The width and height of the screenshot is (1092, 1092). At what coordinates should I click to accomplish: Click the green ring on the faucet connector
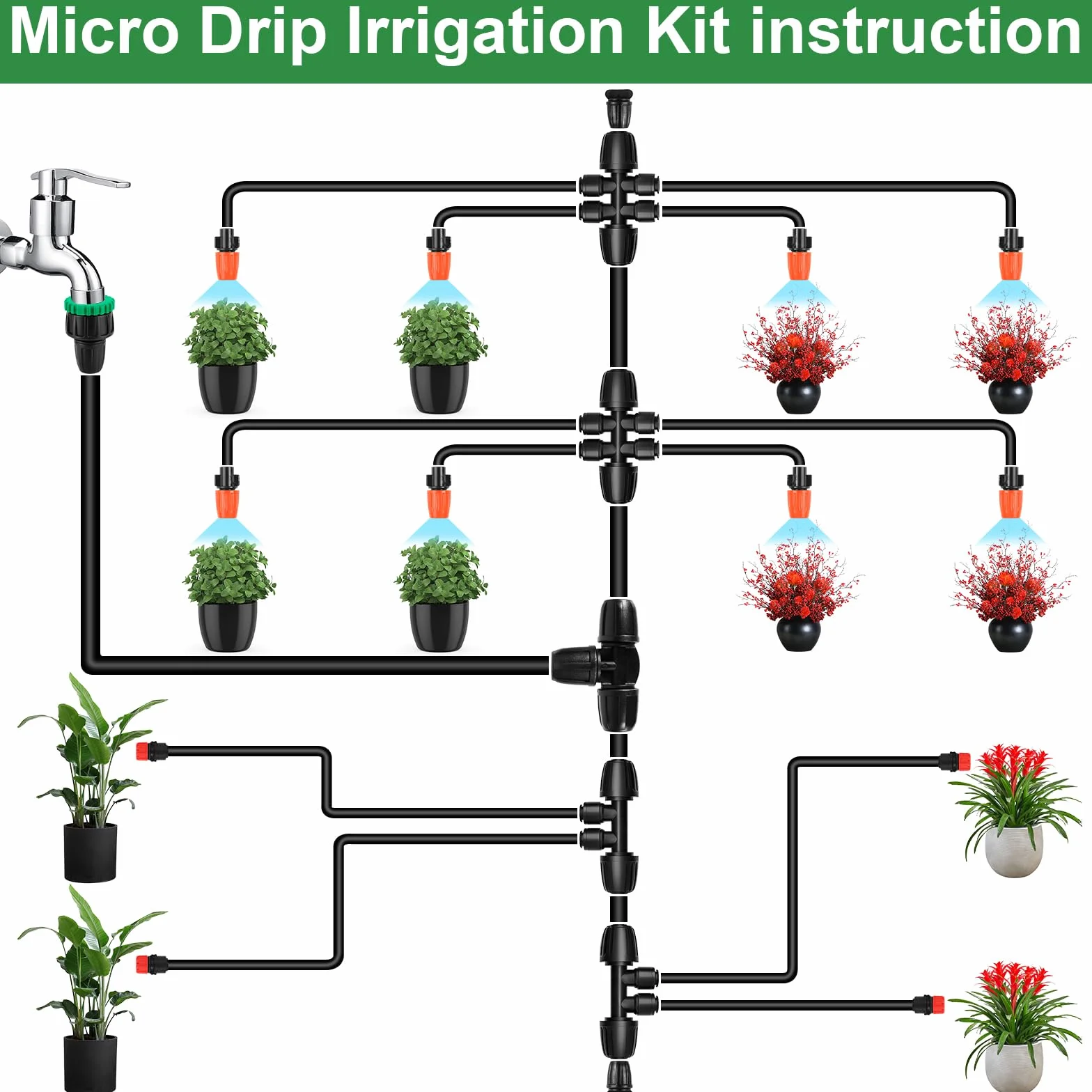[x=89, y=305]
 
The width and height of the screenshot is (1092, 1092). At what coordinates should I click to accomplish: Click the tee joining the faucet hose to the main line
[x=602, y=665]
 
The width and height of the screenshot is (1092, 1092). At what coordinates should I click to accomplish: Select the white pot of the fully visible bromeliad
[x=1013, y=850]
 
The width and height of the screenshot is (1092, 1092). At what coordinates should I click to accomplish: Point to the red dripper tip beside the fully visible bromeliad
[x=963, y=761]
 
